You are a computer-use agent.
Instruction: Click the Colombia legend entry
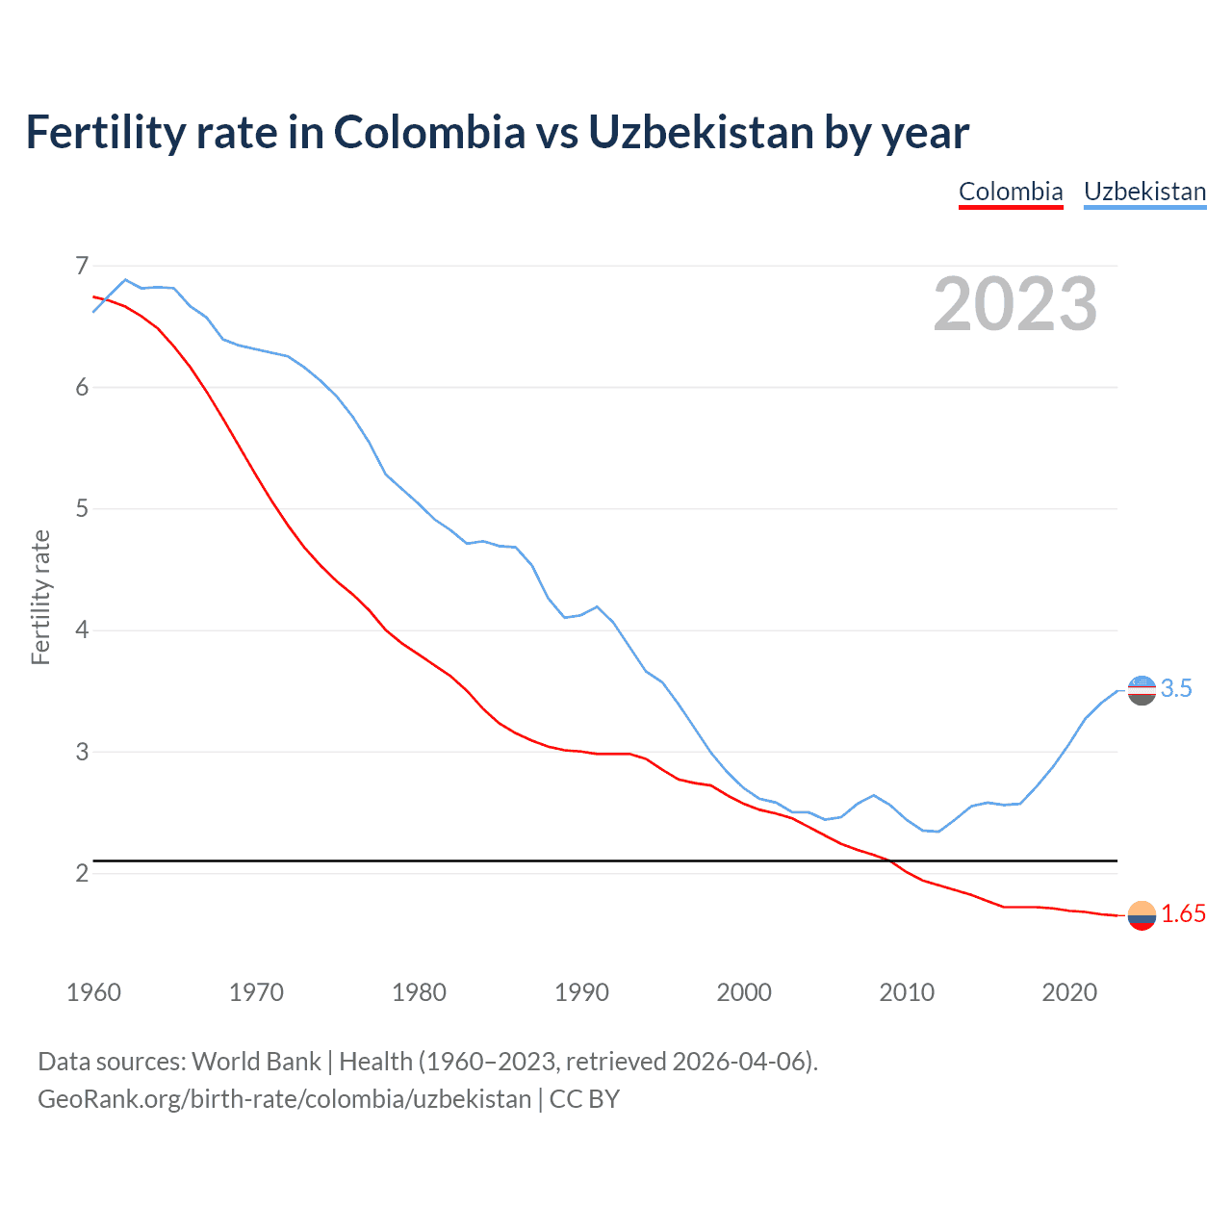click(x=1011, y=192)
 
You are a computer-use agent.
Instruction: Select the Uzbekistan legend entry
click(x=1144, y=192)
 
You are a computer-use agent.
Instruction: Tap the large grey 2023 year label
click(x=1014, y=304)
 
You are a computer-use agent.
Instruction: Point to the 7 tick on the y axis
click(x=82, y=265)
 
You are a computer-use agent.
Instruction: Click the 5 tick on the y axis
click(x=82, y=508)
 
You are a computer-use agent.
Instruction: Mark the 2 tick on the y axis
click(x=82, y=873)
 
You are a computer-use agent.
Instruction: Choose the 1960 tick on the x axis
click(x=93, y=992)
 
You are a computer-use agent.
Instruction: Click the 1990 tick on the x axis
click(x=581, y=992)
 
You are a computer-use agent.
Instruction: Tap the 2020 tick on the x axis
click(x=1069, y=992)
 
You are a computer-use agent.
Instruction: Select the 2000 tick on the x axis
click(x=744, y=992)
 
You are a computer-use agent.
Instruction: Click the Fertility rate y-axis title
click(x=40, y=597)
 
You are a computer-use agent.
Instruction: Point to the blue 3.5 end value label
click(x=1175, y=688)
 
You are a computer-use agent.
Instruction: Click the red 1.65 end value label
click(x=1183, y=914)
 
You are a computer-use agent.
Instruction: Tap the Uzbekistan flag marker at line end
click(x=1142, y=690)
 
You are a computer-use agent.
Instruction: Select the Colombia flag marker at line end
click(x=1142, y=915)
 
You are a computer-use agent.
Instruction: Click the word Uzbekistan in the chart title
click(x=701, y=133)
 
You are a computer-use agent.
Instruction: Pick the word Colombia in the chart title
click(x=429, y=133)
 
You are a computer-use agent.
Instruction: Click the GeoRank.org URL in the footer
click(x=284, y=1099)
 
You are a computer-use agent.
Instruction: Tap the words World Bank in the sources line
click(x=256, y=1062)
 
